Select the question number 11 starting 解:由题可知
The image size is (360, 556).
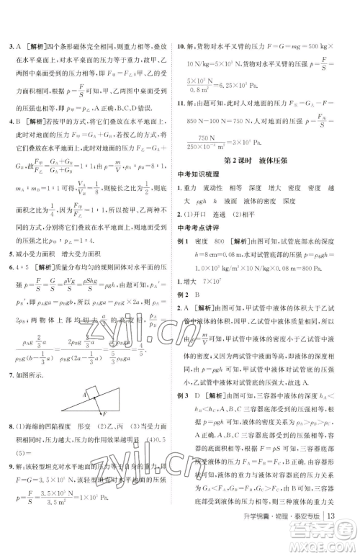pos(192,103)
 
